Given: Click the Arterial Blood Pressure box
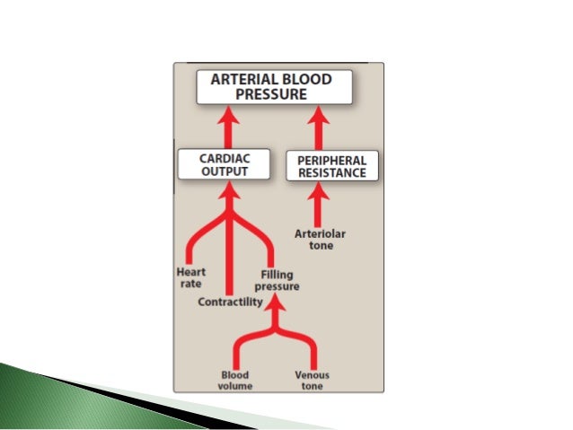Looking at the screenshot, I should [x=274, y=87].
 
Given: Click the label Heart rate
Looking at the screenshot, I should [x=191, y=276].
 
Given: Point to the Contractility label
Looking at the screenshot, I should [x=231, y=302].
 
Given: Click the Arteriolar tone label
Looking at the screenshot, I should [x=320, y=240].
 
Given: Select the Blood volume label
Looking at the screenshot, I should [x=234, y=380].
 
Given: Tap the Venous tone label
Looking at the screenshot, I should [x=313, y=380].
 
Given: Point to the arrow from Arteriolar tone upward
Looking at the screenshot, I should [x=319, y=206].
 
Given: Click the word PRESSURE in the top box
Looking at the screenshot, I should [x=274, y=94].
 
